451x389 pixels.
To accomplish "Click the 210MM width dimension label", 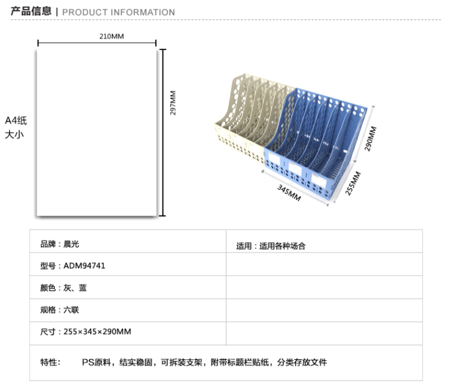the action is (x=111, y=37).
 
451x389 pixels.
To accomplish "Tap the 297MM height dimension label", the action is (x=173, y=103).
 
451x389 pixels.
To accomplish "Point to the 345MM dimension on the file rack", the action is (x=289, y=193).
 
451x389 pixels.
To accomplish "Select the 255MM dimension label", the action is (x=352, y=183).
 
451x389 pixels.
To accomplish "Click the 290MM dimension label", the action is (x=370, y=138).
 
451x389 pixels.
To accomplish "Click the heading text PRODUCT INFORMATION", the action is (x=119, y=12).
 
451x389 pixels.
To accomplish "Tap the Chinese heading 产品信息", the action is (x=31, y=11).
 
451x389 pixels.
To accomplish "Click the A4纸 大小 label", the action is (x=16, y=127).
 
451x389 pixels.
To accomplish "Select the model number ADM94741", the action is (x=84, y=265).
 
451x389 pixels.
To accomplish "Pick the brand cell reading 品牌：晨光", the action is (x=60, y=244).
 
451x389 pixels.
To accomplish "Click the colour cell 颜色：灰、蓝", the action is (x=63, y=288).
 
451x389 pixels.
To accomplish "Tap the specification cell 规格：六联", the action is (x=60, y=310).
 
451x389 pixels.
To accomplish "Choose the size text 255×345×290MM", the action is (x=97, y=331).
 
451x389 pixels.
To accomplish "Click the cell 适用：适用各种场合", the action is (x=271, y=246).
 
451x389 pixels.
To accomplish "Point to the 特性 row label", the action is (x=51, y=362).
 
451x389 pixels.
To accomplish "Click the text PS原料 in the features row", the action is (x=96, y=362).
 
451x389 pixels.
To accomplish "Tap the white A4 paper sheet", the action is (x=97, y=132).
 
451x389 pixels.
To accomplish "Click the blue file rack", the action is (x=315, y=144).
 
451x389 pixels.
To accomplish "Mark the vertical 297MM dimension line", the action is (x=163, y=133).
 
